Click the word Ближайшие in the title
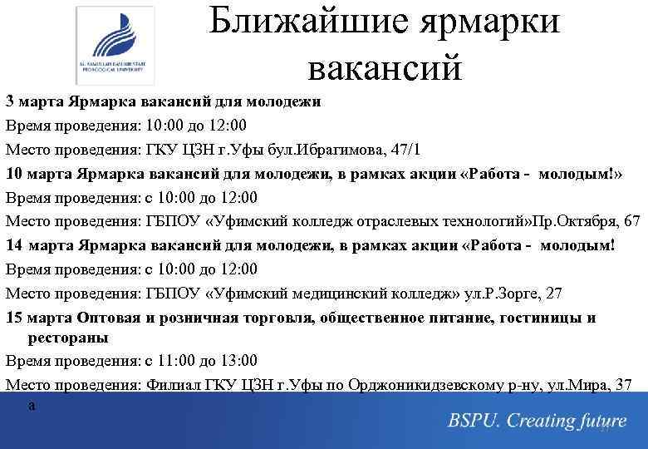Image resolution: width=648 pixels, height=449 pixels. pyautogui.click(x=309, y=22)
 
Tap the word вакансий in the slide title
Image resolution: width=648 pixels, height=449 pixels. pyautogui.click(x=383, y=67)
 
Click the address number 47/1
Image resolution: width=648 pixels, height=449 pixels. pyautogui.click(x=404, y=150)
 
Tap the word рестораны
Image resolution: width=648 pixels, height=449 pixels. pyautogui.click(x=68, y=338)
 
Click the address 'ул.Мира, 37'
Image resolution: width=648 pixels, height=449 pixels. pyautogui.click(x=593, y=385)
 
